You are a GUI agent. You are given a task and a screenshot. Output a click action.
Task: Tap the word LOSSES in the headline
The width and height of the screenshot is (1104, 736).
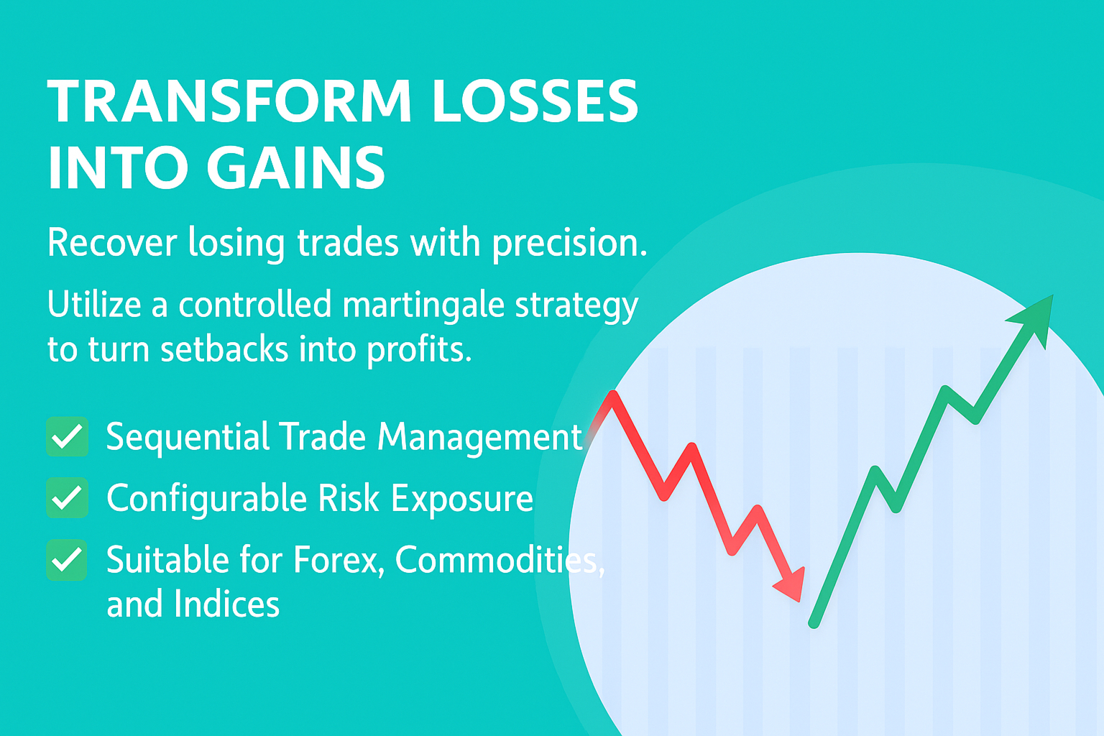point(535,101)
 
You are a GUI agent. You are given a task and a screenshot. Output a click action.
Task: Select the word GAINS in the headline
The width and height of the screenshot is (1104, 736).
point(295,167)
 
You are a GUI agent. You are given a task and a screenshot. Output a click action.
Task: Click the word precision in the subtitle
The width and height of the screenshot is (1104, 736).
point(570,243)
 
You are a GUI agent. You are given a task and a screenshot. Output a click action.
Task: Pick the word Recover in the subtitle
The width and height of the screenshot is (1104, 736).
point(112,242)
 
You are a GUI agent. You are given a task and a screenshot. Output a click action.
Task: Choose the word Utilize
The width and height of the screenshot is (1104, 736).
point(95,303)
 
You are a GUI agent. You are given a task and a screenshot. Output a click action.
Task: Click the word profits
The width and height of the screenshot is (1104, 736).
point(420,350)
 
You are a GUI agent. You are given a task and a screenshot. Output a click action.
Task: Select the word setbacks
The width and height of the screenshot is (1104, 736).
point(224,349)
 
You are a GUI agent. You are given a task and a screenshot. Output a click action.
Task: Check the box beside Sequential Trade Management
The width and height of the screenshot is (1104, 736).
point(68,436)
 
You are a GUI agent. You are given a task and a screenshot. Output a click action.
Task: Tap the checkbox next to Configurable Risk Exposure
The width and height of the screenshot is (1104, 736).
point(68,497)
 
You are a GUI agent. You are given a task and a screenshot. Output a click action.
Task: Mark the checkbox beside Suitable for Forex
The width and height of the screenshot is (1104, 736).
point(67,559)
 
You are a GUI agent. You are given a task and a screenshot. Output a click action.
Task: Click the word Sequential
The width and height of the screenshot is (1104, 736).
point(188,437)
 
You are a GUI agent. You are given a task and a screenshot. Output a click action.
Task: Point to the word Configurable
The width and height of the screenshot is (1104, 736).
point(206,499)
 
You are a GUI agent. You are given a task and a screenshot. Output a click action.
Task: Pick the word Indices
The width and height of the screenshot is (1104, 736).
point(226,604)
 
